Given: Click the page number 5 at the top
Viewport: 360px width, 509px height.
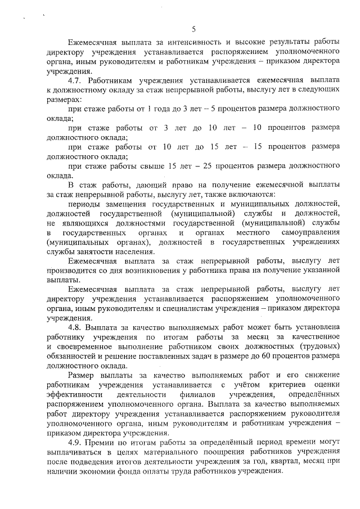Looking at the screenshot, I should coord(193,29).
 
